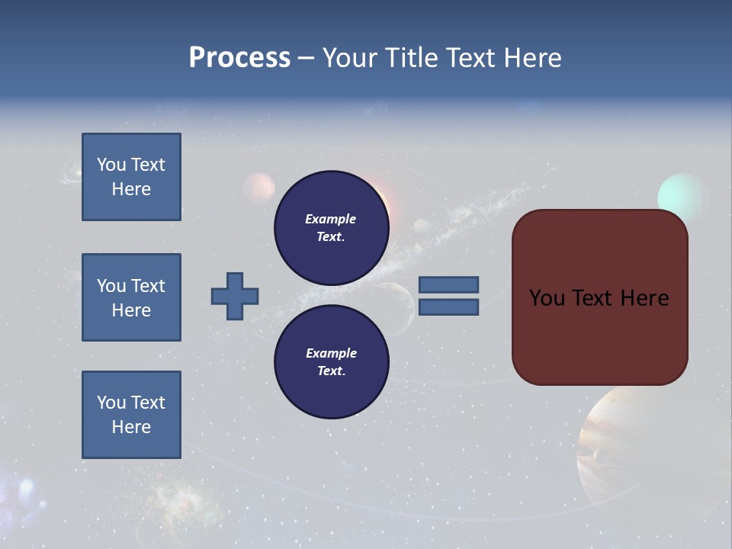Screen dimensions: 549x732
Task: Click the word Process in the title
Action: coord(239,58)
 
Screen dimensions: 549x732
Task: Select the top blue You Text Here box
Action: coord(131,177)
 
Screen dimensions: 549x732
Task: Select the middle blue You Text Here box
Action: coord(131,297)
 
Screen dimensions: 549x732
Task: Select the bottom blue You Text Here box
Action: coord(131,415)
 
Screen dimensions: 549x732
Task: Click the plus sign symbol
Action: coord(235,296)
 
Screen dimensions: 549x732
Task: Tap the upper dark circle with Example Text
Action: coord(331,227)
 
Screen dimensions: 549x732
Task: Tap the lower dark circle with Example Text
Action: coord(331,361)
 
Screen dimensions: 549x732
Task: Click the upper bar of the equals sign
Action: coord(448,284)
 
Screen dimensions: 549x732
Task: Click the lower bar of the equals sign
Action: coord(448,307)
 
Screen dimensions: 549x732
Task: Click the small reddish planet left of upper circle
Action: coord(260,188)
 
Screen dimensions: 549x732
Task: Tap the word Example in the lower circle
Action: coord(331,353)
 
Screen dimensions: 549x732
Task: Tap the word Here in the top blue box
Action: coord(131,189)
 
